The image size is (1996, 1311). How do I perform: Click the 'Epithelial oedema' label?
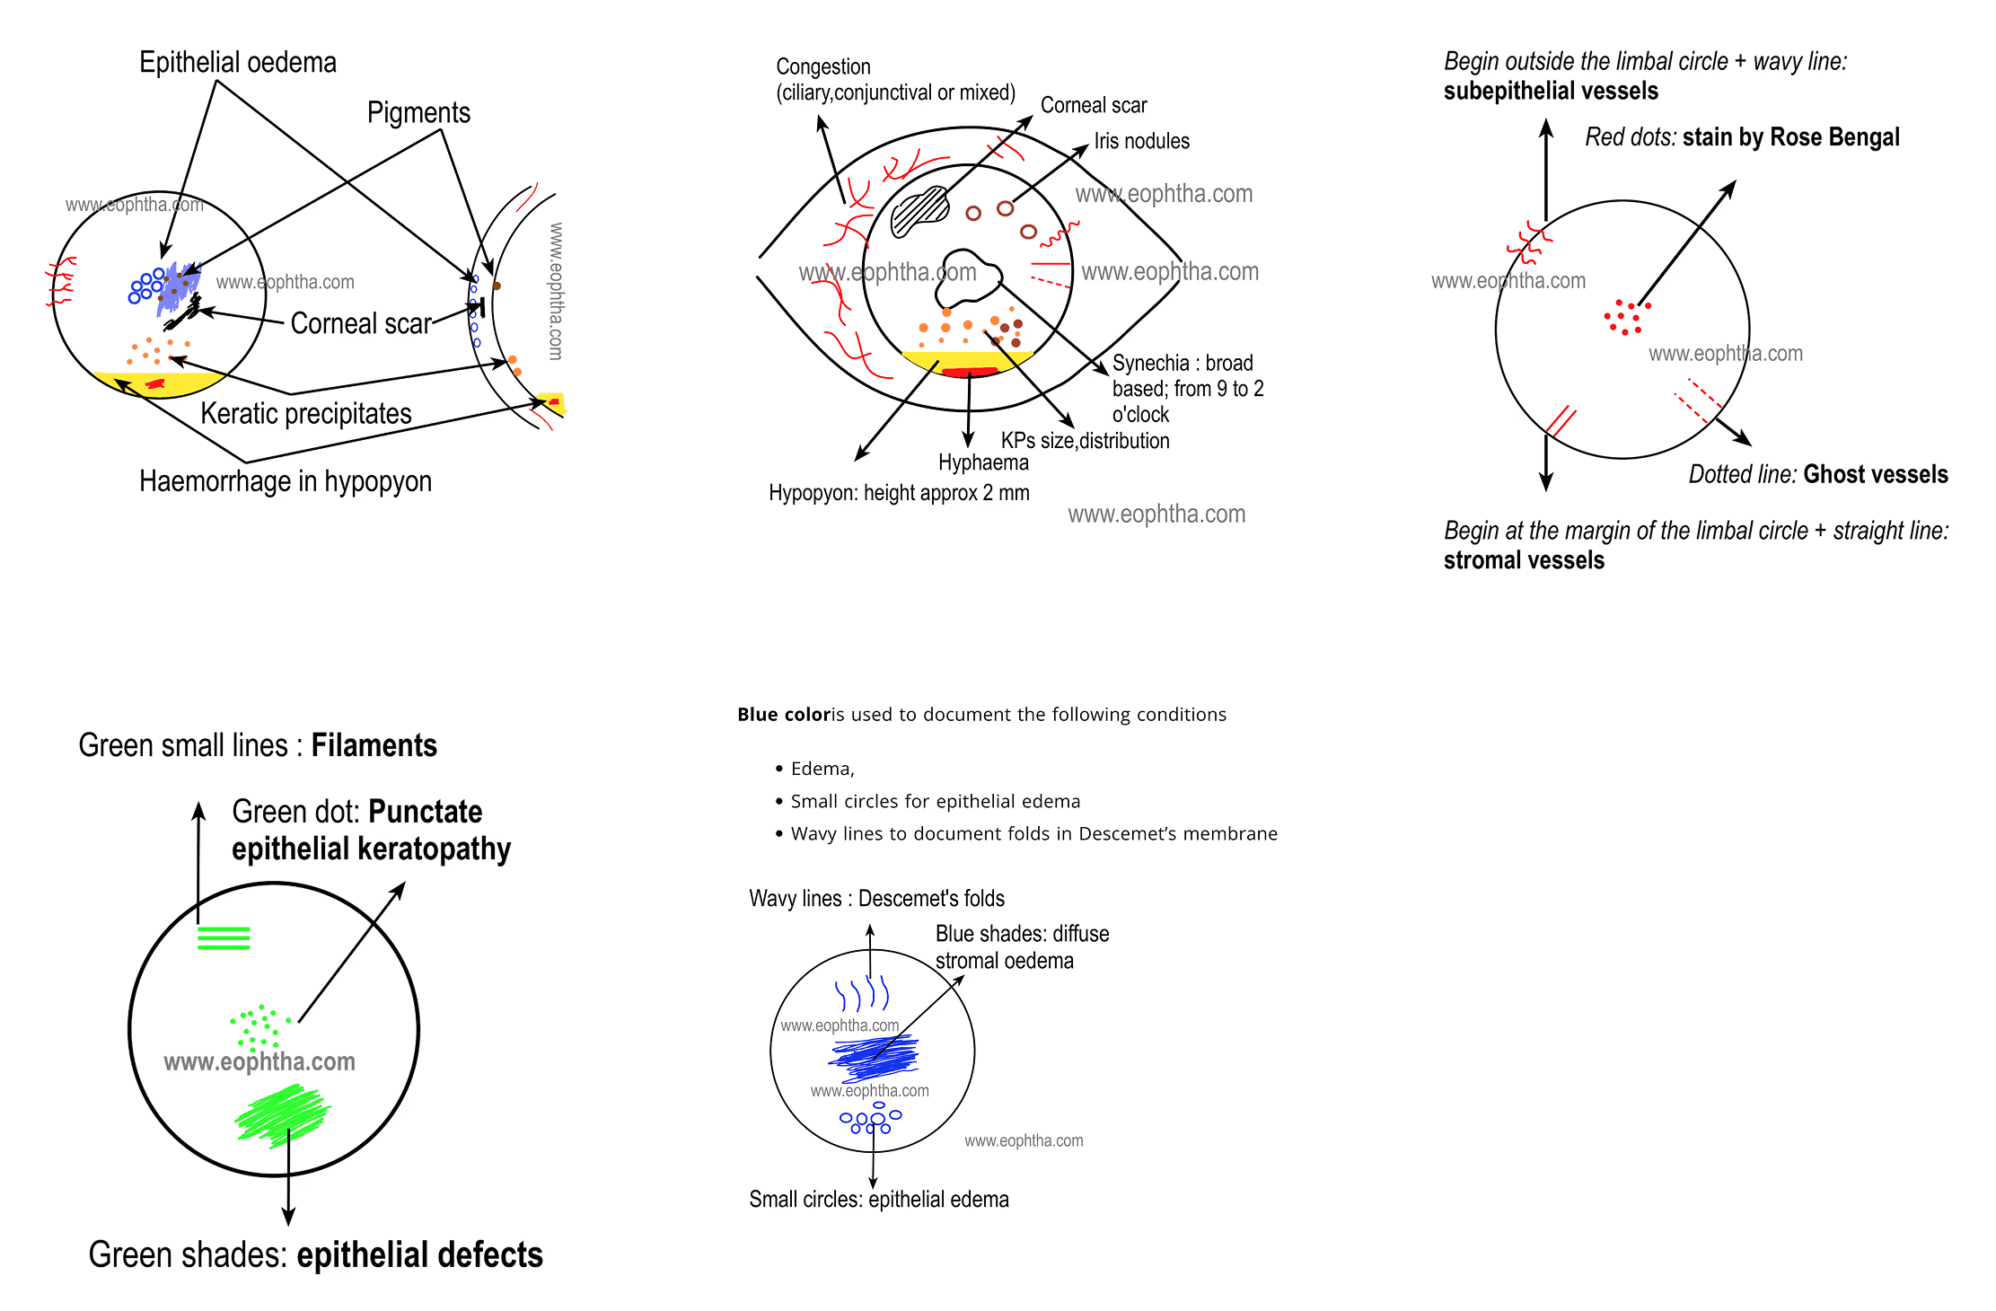[x=238, y=63]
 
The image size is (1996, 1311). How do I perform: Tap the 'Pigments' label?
[x=418, y=113]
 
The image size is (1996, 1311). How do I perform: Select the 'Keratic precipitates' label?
[x=305, y=414]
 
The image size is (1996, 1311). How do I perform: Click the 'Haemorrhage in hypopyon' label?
[x=286, y=482]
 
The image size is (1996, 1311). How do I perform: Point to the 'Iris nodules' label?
[x=1141, y=141]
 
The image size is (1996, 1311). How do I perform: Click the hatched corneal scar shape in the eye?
[x=919, y=211]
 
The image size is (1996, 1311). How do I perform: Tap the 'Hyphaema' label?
[x=983, y=462]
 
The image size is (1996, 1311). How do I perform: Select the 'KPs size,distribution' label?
[x=1085, y=441]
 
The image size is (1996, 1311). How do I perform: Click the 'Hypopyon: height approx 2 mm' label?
[x=899, y=493]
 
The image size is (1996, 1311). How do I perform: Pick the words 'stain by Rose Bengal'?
[x=1790, y=137]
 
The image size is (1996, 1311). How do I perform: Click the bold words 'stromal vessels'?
[x=1524, y=560]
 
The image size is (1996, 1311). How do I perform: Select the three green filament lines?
[x=224, y=938]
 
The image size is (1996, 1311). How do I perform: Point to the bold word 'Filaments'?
[x=374, y=745]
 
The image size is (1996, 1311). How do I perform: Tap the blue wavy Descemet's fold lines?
[x=862, y=994]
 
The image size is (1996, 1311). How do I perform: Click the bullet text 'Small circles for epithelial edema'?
[x=935, y=801]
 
